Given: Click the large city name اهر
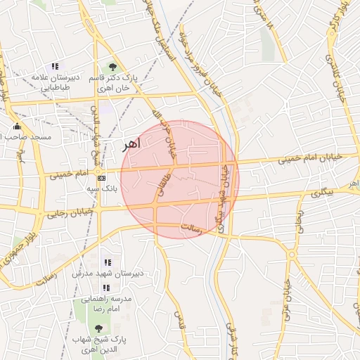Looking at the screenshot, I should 131,144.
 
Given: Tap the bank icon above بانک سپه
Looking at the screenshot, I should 102,179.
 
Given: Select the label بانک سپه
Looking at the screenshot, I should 101,189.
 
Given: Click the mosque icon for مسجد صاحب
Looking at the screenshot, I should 17,127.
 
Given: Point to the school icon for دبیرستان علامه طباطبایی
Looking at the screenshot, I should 55,66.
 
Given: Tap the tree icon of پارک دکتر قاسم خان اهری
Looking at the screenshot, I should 112,67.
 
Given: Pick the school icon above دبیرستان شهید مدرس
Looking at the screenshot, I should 108,262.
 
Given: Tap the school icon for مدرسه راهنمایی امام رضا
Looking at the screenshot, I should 105,288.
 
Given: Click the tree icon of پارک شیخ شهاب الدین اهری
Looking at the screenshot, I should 98,328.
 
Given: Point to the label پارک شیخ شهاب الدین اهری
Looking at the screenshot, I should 98,344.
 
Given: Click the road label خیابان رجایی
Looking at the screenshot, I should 70,212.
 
